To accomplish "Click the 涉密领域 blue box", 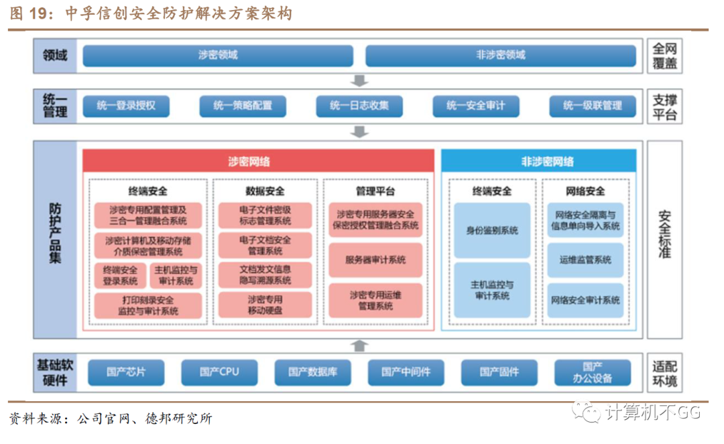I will pos(218,56).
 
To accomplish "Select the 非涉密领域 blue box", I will pos(500,56).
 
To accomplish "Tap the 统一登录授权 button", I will pos(125,106).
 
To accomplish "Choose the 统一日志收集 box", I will pos(359,106).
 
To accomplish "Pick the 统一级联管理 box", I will pos(592,106).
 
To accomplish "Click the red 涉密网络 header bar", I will pos(258,161).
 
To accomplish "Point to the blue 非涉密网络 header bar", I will pos(538,161).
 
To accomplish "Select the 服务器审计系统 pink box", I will pos(375,260).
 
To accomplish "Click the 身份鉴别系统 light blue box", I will pos(492,230).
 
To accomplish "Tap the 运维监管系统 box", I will pos(585,260).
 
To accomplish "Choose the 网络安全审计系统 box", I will pos(585,300).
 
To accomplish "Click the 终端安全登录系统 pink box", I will pos(120,276).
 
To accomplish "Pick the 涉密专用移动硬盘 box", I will pos(265,305).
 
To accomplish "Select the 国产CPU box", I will pos(219,372).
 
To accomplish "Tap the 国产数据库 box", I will pos(313,372).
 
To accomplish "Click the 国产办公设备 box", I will pos(593,372).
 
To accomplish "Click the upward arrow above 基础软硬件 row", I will pos(360,346).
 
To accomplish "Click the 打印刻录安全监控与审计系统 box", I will pos(147,305).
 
